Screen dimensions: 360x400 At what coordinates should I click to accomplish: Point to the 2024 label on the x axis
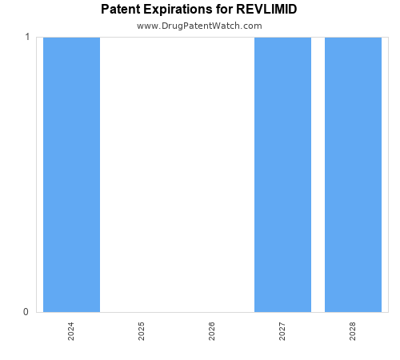pyautogui.click(x=71, y=331)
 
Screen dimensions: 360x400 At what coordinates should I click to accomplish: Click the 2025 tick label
pyautogui.click(x=142, y=331)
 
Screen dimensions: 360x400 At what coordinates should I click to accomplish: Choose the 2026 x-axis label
pyautogui.click(x=212, y=331)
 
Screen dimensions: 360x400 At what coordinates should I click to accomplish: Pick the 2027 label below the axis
pyautogui.click(x=282, y=331)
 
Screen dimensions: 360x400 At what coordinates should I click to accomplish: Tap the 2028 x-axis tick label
pyautogui.click(x=353, y=331)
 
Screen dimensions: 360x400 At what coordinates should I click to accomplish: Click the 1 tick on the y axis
pyautogui.click(x=26, y=38)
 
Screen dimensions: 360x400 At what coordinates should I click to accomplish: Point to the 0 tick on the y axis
pyautogui.click(x=26, y=312)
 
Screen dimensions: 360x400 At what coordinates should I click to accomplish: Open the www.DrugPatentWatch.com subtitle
pyautogui.click(x=199, y=26)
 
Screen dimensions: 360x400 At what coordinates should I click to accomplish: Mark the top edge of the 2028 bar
pyautogui.click(x=353, y=38)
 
